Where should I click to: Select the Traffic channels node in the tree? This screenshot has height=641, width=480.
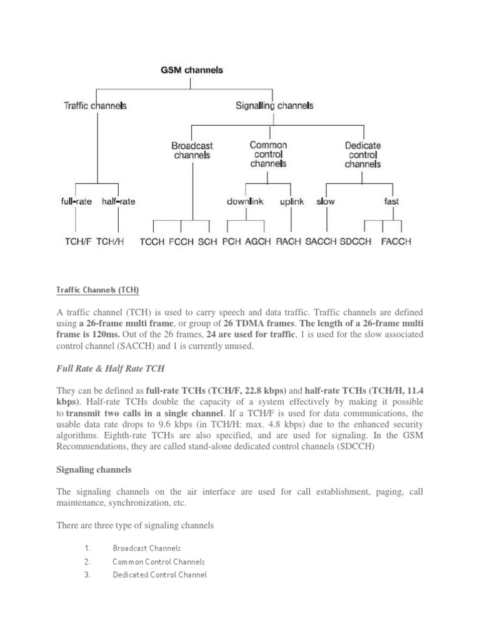[96, 106]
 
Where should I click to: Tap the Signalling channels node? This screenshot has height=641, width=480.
[274, 106]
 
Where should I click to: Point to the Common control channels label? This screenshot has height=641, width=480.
[268, 154]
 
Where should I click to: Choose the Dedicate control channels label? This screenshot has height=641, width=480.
[363, 155]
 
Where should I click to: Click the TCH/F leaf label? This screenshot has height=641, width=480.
[78, 241]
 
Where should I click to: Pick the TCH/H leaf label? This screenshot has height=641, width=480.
[111, 241]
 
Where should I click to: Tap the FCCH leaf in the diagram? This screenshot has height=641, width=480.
[181, 241]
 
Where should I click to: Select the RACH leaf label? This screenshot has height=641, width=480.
[288, 241]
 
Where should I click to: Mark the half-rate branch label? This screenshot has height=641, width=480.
[118, 202]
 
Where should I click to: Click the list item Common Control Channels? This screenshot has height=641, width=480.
[159, 562]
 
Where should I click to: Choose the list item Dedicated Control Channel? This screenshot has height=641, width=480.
[159, 575]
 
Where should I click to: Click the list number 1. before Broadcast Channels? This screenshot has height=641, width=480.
[87, 548]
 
